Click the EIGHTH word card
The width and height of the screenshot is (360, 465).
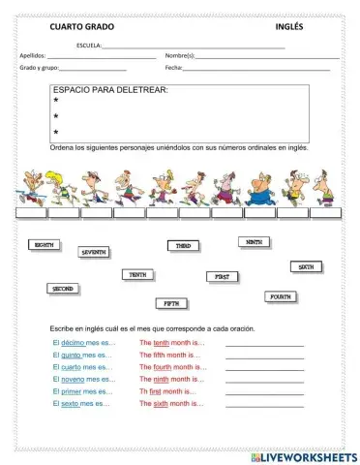[x=45, y=245]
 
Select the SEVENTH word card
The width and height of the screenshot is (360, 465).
[x=94, y=252]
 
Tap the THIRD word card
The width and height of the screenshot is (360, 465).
[x=183, y=246]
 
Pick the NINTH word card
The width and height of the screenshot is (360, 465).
[x=254, y=241]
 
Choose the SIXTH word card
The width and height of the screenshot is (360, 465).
[x=305, y=266]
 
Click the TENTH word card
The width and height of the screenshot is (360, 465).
[x=138, y=275]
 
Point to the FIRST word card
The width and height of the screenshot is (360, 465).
[x=223, y=276]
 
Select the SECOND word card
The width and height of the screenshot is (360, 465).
[x=62, y=289]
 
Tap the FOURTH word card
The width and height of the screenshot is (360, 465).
[x=281, y=296]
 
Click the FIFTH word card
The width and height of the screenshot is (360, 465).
[x=170, y=303]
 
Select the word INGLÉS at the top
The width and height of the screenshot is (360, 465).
[x=289, y=27]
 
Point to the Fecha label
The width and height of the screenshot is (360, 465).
[x=174, y=68]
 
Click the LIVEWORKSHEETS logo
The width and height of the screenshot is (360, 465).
[x=303, y=454]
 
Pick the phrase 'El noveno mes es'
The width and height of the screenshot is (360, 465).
[x=81, y=379]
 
